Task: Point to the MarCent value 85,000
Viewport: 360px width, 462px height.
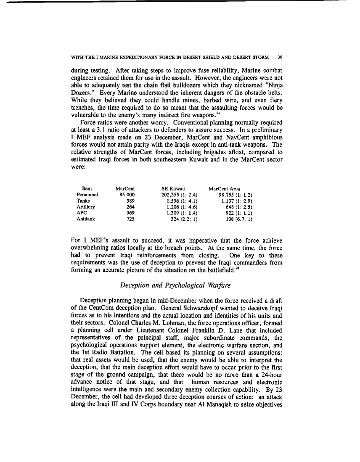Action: point(127,195)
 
